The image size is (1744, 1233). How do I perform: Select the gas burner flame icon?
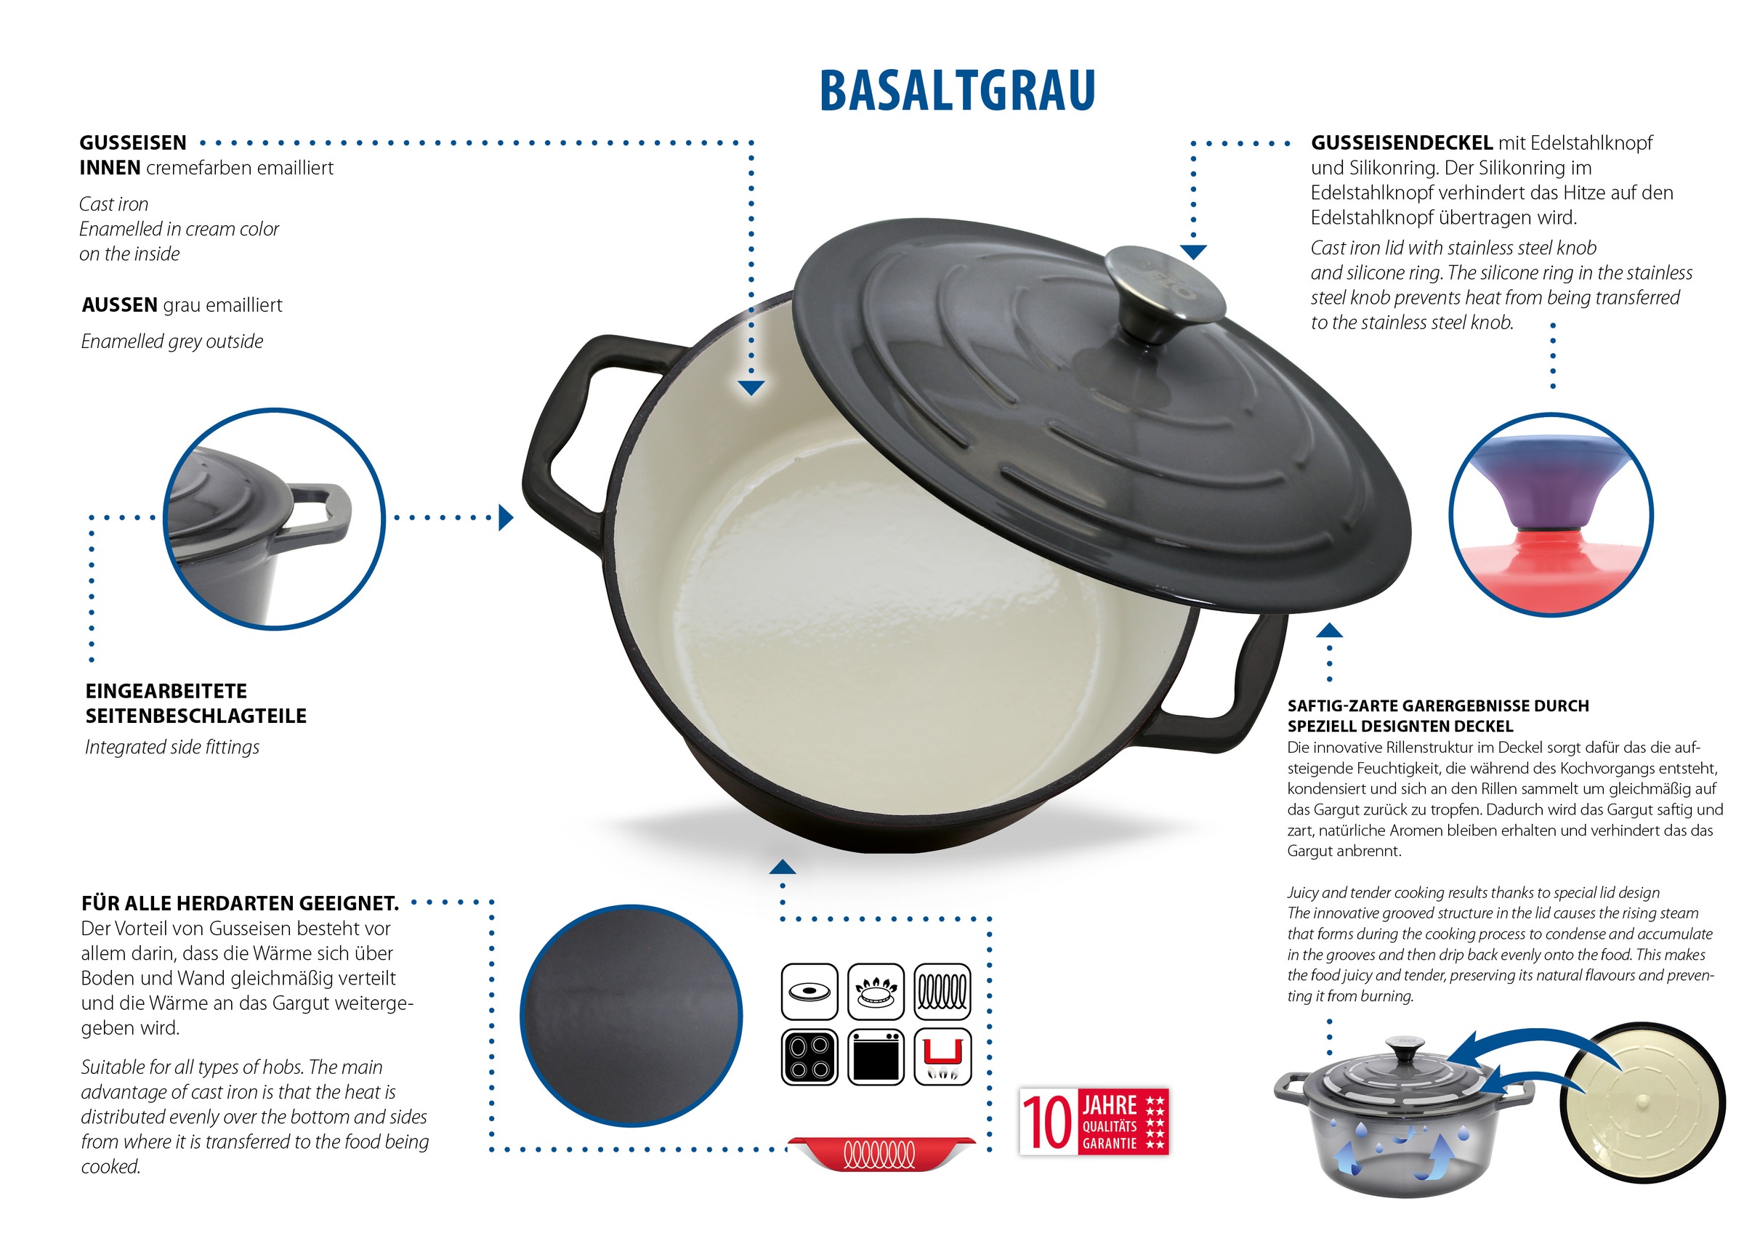[876, 992]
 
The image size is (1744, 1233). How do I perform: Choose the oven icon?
[876, 1056]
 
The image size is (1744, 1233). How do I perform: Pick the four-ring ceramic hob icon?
[809, 1056]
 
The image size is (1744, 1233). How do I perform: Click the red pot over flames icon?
[942, 1056]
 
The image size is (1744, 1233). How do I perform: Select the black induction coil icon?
[942, 992]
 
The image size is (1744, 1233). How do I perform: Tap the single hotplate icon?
[809, 992]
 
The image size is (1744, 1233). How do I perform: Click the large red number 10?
[1046, 1122]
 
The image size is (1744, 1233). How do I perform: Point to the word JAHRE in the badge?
[1109, 1105]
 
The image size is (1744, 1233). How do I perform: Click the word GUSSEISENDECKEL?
[1402, 143]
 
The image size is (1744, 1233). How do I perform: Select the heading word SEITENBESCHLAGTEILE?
[196, 716]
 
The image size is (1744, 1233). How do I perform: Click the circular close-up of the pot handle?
[274, 519]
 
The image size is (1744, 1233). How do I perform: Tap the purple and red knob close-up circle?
[1550, 514]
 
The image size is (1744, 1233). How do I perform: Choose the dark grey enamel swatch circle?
[631, 1016]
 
